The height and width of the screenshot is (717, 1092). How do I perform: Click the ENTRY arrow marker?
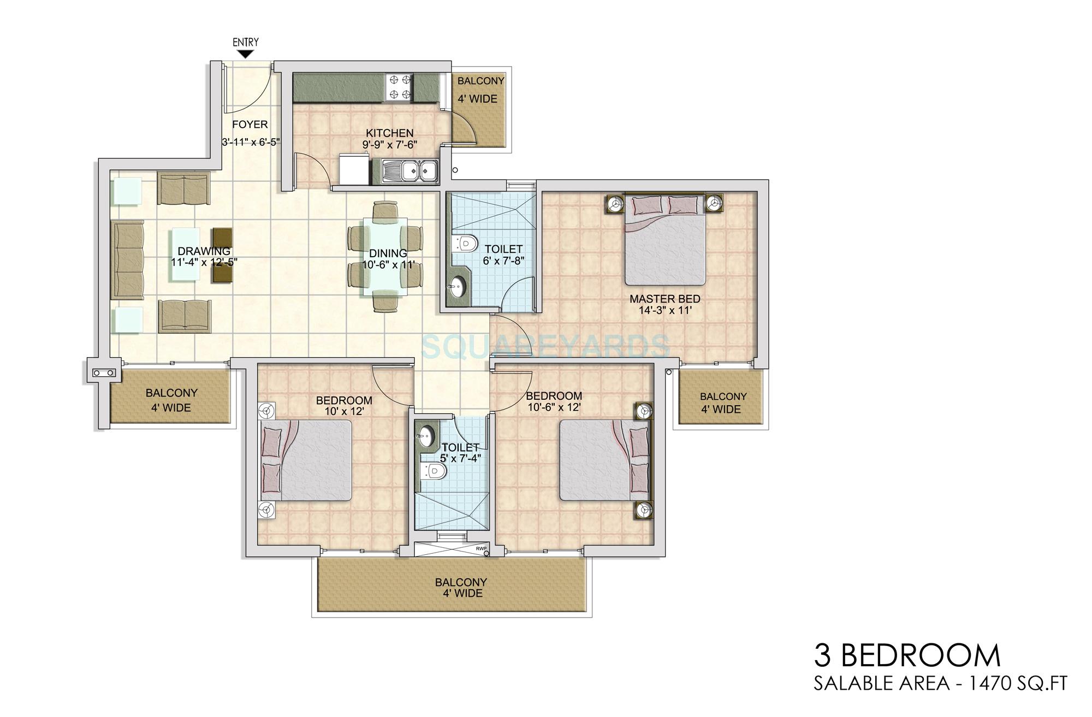point(246,54)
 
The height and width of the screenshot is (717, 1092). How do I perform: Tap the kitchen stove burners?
point(398,88)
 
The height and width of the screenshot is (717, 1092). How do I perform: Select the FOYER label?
point(250,125)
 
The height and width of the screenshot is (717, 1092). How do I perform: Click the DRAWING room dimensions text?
point(204,262)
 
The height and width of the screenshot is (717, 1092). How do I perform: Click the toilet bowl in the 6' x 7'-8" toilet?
point(465,242)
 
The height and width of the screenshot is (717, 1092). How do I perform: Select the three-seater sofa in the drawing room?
point(127,260)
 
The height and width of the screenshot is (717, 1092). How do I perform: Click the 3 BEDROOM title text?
point(907,655)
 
